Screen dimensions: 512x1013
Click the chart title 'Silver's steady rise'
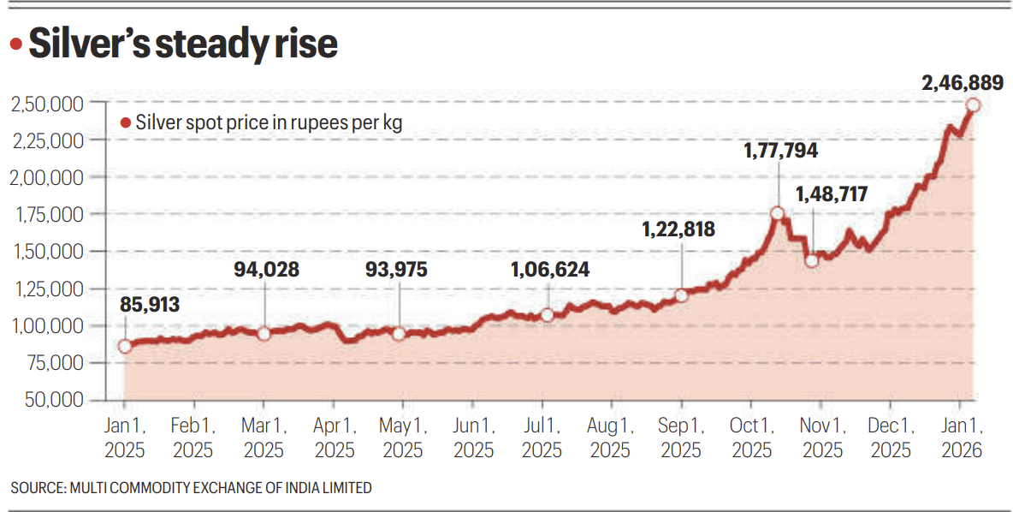(x=183, y=45)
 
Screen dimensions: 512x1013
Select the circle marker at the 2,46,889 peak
(x=973, y=105)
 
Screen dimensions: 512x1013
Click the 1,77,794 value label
(x=779, y=151)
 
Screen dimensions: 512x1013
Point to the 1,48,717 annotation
(x=831, y=194)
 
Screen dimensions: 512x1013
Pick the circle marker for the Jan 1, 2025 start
(x=125, y=346)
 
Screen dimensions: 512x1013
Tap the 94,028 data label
(x=266, y=270)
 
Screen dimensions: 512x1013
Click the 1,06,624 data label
(x=549, y=270)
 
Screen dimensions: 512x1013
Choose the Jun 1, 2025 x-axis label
(x=472, y=437)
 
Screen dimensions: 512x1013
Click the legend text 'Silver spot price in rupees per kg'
(x=269, y=123)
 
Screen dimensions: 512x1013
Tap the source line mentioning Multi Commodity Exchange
(x=192, y=488)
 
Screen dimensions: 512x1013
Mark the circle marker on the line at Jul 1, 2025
(x=547, y=315)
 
